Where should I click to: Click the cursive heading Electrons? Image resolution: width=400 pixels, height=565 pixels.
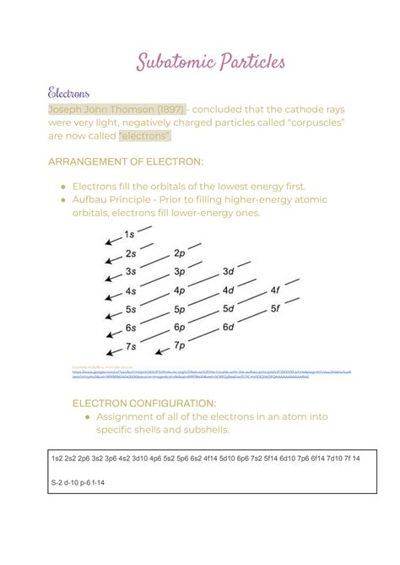click(x=69, y=91)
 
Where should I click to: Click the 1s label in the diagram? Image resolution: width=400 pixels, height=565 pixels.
click(x=129, y=234)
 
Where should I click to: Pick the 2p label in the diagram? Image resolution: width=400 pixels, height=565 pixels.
click(x=178, y=253)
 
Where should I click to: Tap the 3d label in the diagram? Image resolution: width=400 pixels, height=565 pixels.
click(x=227, y=272)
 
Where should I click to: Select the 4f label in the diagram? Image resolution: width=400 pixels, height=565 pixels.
click(x=274, y=291)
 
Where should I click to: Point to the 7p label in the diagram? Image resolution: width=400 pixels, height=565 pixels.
click(x=178, y=345)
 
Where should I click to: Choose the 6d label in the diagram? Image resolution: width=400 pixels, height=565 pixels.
click(x=227, y=328)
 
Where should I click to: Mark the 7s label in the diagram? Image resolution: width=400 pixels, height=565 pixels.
click(x=130, y=346)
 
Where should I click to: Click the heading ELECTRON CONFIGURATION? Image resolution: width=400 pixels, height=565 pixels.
click(x=144, y=403)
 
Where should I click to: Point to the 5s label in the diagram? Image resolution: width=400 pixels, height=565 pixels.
click(x=130, y=309)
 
